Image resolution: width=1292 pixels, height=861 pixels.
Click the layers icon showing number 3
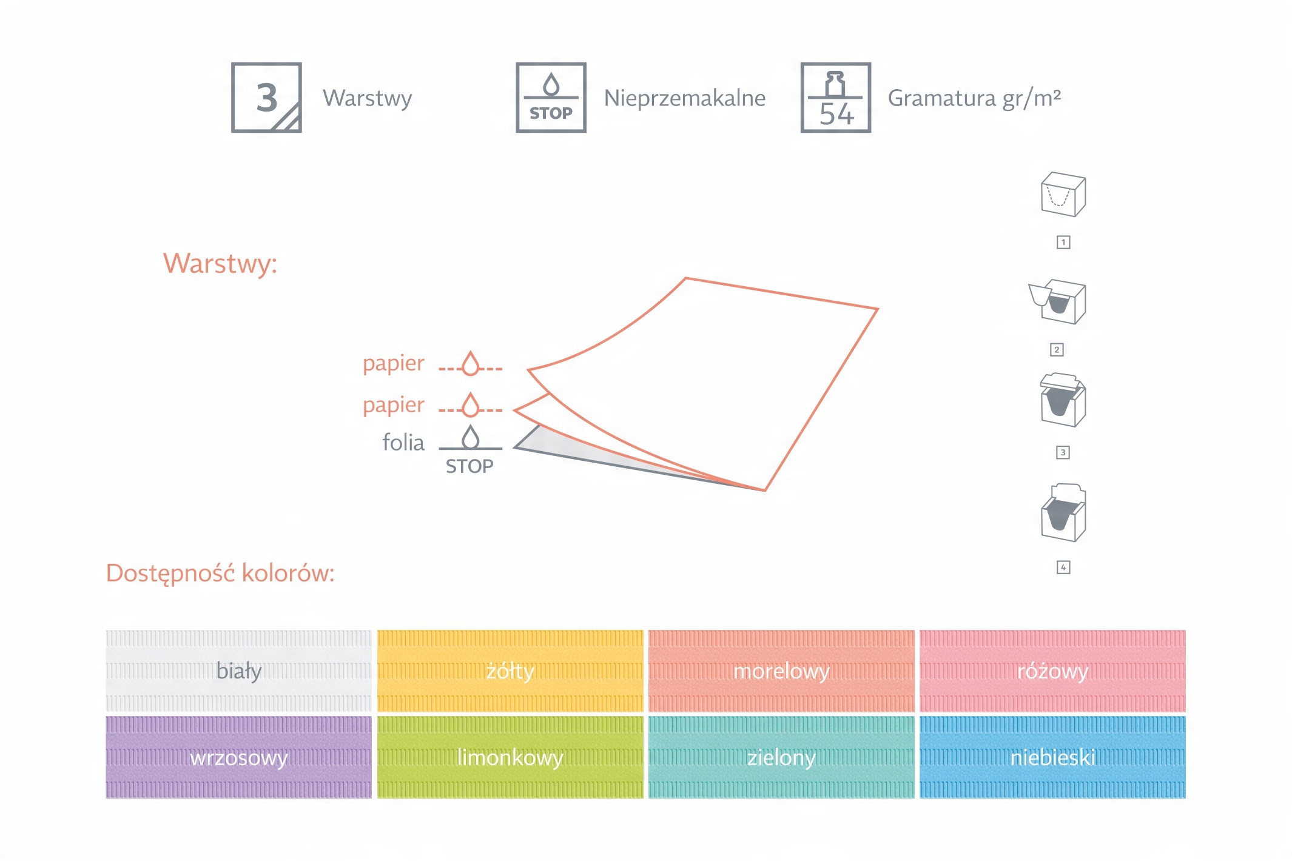point(266,98)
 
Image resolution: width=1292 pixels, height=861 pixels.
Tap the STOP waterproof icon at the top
point(551,98)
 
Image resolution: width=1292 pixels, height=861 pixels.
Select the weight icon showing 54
point(836,98)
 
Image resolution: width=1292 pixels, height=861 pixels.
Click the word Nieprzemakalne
point(685,98)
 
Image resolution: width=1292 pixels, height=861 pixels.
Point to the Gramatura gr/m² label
point(975,98)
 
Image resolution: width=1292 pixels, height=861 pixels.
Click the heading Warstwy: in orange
point(220,264)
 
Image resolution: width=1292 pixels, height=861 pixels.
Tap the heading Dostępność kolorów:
point(220,574)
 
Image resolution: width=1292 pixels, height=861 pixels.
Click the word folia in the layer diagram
point(403,443)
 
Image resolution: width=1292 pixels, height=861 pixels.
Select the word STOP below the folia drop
point(469,466)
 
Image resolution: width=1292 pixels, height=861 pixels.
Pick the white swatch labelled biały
point(238,671)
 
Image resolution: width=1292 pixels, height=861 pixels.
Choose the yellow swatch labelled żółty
point(510,671)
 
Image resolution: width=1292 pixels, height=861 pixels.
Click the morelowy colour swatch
point(781,671)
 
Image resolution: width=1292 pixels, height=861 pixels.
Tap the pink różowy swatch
point(1052,671)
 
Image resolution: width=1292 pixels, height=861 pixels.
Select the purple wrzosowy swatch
point(238,757)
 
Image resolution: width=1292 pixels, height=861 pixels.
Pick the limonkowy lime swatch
point(510,757)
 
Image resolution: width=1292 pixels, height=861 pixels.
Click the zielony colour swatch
point(781,757)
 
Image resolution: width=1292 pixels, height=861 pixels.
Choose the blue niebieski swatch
point(1052,757)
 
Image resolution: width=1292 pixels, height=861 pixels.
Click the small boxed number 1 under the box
point(1063,243)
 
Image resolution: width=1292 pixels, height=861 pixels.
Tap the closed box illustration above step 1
point(1063,195)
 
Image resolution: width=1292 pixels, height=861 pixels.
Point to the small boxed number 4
point(1063,568)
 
